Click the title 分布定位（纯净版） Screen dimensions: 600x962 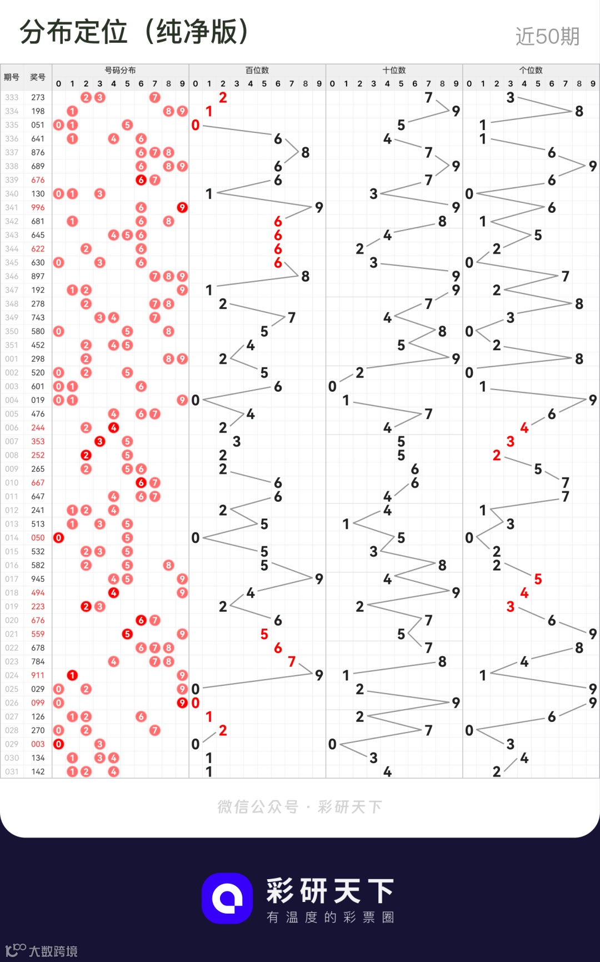tap(134, 32)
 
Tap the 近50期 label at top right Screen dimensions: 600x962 tap(547, 37)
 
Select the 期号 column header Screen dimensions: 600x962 tap(12, 77)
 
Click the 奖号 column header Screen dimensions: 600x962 tap(38, 77)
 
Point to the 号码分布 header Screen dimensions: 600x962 tap(120, 70)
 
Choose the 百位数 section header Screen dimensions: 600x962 tap(257, 70)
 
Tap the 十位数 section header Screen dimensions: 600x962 tap(394, 70)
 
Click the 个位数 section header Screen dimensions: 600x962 tap(531, 70)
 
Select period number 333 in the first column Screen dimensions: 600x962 tap(12, 97)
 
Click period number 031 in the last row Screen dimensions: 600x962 tap(12, 771)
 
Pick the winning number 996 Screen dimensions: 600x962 tap(38, 207)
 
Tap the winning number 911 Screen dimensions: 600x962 tap(38, 675)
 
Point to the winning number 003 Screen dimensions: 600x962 tap(38, 744)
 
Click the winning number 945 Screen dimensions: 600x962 tap(38, 579)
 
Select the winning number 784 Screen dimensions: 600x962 tap(38, 661)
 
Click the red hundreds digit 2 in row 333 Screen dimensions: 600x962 tap(223, 97)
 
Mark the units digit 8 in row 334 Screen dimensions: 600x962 tap(579, 111)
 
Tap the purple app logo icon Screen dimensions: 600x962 tap(227, 898)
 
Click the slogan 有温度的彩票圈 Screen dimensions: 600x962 tap(331, 918)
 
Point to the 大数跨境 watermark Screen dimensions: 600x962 tap(42, 951)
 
